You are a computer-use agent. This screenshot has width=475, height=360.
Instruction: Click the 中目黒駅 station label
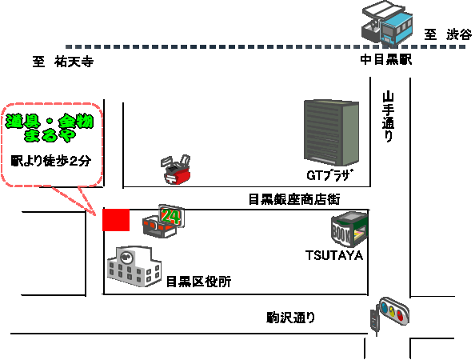tap(386, 59)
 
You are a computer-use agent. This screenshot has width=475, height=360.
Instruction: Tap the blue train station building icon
tap(387, 23)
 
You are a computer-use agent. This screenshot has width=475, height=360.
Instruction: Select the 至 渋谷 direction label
tap(448, 34)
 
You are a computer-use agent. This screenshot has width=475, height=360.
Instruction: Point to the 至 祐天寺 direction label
tap(63, 62)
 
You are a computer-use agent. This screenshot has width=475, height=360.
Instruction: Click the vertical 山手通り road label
tap(388, 117)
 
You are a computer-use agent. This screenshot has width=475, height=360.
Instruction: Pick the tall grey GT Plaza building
tap(331, 133)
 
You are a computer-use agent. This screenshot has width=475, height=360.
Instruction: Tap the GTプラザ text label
tap(330, 175)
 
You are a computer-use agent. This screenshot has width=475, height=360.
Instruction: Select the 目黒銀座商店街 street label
tap(294, 199)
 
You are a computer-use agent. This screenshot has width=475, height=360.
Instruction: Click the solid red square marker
tap(116, 220)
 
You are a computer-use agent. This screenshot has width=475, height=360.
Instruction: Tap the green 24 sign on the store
tap(170, 216)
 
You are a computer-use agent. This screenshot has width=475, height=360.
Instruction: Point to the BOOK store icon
tap(349, 230)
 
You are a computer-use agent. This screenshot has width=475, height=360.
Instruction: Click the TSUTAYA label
tap(334, 255)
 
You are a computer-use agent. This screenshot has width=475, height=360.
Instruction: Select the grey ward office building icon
tap(134, 266)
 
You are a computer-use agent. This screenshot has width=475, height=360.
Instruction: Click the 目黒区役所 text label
tap(199, 282)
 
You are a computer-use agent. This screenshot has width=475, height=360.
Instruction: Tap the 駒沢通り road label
tap(291, 318)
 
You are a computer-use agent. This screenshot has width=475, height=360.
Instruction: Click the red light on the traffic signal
tap(400, 315)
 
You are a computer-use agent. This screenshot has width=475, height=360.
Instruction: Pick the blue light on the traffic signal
tap(385, 306)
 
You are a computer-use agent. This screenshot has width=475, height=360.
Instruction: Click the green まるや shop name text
tap(50, 135)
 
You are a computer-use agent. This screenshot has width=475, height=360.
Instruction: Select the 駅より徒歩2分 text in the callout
tap(51, 161)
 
